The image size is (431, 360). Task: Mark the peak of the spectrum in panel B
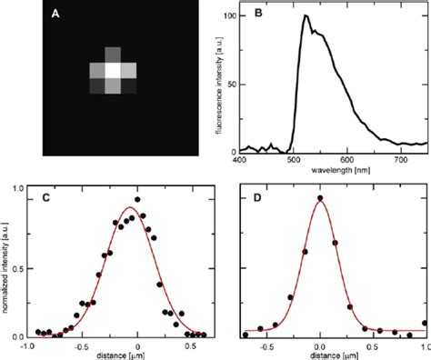[x=306, y=15]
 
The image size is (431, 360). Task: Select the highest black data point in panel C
[x=137, y=199]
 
